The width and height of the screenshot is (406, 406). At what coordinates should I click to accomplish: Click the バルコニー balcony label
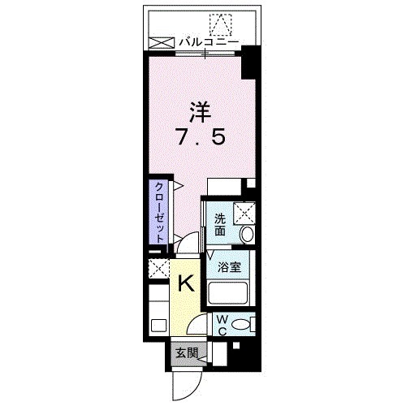pos(209,39)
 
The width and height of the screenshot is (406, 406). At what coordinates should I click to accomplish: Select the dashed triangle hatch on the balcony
pos(220,24)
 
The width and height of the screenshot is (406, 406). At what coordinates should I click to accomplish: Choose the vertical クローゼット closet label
pos(161,209)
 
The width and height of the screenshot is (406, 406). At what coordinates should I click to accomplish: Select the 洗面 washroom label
pos(220,224)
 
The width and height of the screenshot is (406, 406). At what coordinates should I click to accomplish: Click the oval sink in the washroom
pos(247,234)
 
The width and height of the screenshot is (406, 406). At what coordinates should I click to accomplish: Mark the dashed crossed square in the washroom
pos(244,213)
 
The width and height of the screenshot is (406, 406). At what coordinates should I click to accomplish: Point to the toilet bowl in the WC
pos(240,324)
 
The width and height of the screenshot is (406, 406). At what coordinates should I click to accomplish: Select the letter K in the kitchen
pos(185,283)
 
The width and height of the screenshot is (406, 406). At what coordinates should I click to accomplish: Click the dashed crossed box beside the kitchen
pos(158,268)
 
